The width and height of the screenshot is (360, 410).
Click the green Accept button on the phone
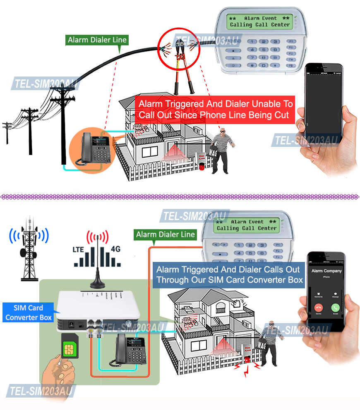pyautogui.click(x=335, y=308)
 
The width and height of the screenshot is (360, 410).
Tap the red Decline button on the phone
pyautogui.click(x=318, y=308)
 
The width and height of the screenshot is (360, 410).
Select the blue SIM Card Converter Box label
pyautogui.click(x=28, y=312)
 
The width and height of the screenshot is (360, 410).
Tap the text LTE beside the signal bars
pyautogui.click(x=80, y=249)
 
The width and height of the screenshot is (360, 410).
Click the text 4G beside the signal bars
pyautogui.click(x=116, y=249)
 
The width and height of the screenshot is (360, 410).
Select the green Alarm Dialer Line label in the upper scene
pyautogui.click(x=97, y=40)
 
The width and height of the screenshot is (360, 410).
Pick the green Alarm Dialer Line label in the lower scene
pyautogui.click(x=166, y=235)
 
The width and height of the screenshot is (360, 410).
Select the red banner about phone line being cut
pyautogui.click(x=216, y=109)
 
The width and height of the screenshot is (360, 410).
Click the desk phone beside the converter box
pyautogui.click(x=130, y=350)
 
